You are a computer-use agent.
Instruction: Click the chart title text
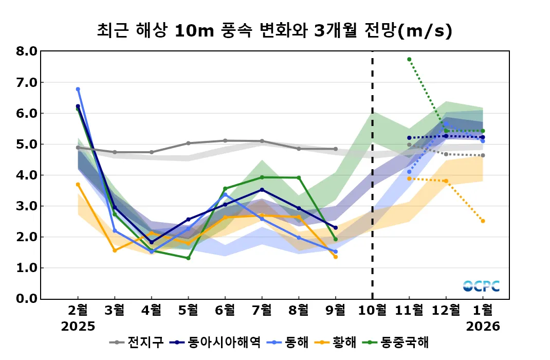(274, 31)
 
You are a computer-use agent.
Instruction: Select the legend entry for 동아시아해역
(216, 342)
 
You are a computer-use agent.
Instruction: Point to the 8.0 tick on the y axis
(27, 51)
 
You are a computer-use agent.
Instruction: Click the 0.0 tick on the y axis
(27, 299)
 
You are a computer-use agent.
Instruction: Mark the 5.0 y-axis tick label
(27, 145)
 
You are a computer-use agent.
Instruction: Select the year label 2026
(483, 327)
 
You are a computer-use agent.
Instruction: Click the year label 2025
(78, 327)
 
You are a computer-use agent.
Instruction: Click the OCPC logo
(481, 286)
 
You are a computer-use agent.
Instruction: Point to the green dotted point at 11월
(409, 59)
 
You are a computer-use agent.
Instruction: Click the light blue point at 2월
(78, 89)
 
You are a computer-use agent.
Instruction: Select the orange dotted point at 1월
(483, 221)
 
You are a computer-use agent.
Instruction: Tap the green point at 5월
(188, 258)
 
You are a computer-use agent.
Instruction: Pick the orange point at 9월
(336, 257)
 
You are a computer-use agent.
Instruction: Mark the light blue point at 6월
(225, 194)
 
